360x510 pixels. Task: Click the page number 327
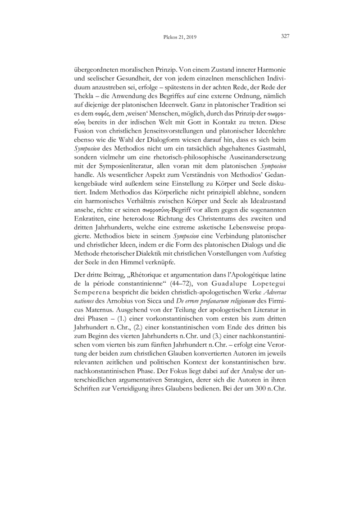(x=285, y=37)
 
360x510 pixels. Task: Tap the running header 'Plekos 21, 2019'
(x=179, y=38)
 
